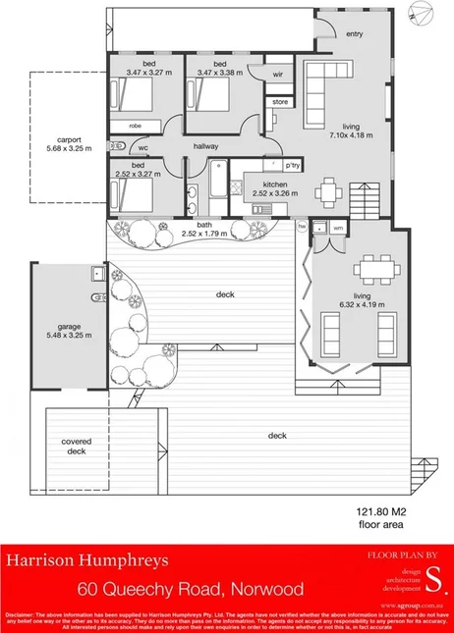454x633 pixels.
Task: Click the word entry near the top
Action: [x=353, y=33]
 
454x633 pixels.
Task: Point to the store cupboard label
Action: [x=279, y=101]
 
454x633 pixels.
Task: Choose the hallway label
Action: [x=205, y=146]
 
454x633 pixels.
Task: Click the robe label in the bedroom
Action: [x=136, y=126]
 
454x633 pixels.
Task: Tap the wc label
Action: [x=143, y=149]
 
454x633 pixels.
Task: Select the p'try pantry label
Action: [x=292, y=164]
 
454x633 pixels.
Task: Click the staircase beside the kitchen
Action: [x=364, y=197]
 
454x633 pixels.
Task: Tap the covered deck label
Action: [x=77, y=447]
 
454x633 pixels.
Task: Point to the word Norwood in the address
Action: [x=265, y=590]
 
